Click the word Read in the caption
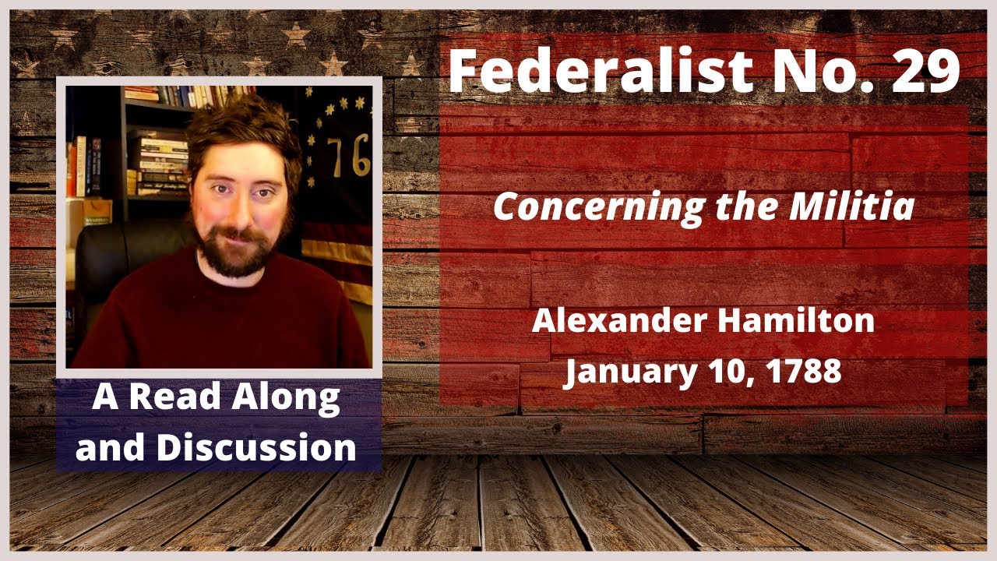coord(180,399)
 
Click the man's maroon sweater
coord(226,319)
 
